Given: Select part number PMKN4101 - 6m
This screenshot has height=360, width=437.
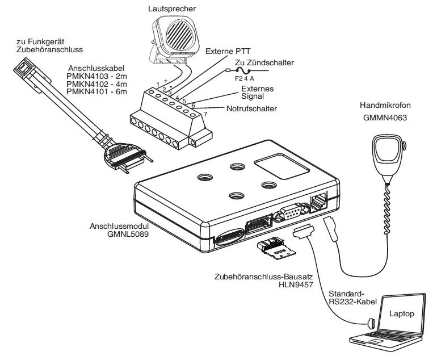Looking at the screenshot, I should pos(96,91).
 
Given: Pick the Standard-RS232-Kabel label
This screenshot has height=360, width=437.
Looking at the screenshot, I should pos(352,298).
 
